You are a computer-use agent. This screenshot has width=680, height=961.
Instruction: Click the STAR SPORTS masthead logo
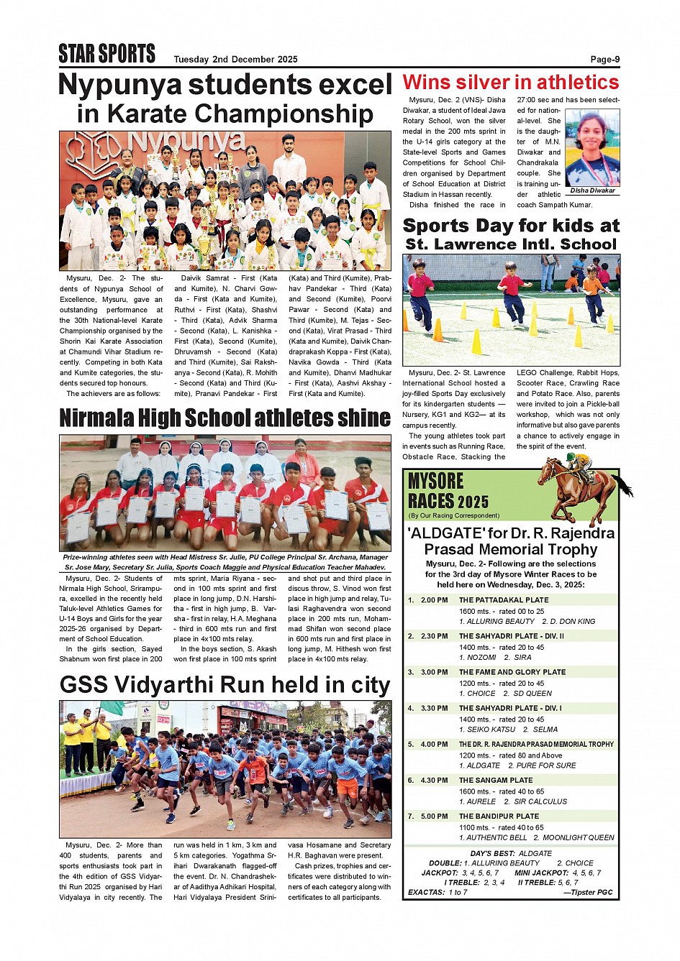[106, 54]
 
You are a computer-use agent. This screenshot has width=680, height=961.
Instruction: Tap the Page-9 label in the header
[604, 60]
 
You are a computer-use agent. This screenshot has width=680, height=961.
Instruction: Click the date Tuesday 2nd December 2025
[235, 60]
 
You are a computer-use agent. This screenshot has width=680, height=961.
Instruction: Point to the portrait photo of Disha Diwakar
[591, 148]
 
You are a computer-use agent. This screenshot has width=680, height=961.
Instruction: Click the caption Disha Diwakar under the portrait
[592, 190]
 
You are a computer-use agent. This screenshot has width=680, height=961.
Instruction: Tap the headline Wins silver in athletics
[510, 82]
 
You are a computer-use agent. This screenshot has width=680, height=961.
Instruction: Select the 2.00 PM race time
[435, 600]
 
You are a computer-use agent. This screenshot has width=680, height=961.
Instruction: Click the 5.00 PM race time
[435, 816]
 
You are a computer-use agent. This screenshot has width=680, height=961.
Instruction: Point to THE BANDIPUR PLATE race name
[499, 816]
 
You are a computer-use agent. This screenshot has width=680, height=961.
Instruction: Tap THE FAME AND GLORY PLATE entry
[512, 672]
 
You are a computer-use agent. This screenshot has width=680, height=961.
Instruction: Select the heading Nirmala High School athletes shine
[225, 418]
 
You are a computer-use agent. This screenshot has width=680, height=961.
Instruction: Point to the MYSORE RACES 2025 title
[448, 492]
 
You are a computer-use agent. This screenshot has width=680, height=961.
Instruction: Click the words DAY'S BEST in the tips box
[489, 853]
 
